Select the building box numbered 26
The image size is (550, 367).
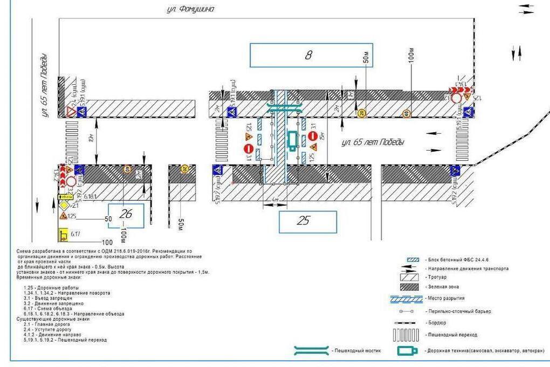coord(126,215)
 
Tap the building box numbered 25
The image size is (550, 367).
coord(307,221)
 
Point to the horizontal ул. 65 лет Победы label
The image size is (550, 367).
coord(373,142)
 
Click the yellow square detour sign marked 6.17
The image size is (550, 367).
coord(63,235)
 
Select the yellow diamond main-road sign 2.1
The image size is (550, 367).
coord(64,206)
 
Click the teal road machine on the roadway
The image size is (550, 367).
coord(292,140)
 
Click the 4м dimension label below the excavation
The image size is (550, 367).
coord(275,200)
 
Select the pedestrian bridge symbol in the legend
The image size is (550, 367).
coord(311,351)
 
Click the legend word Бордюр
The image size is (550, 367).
coord(435,323)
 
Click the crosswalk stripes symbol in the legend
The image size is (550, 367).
coord(406,335)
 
